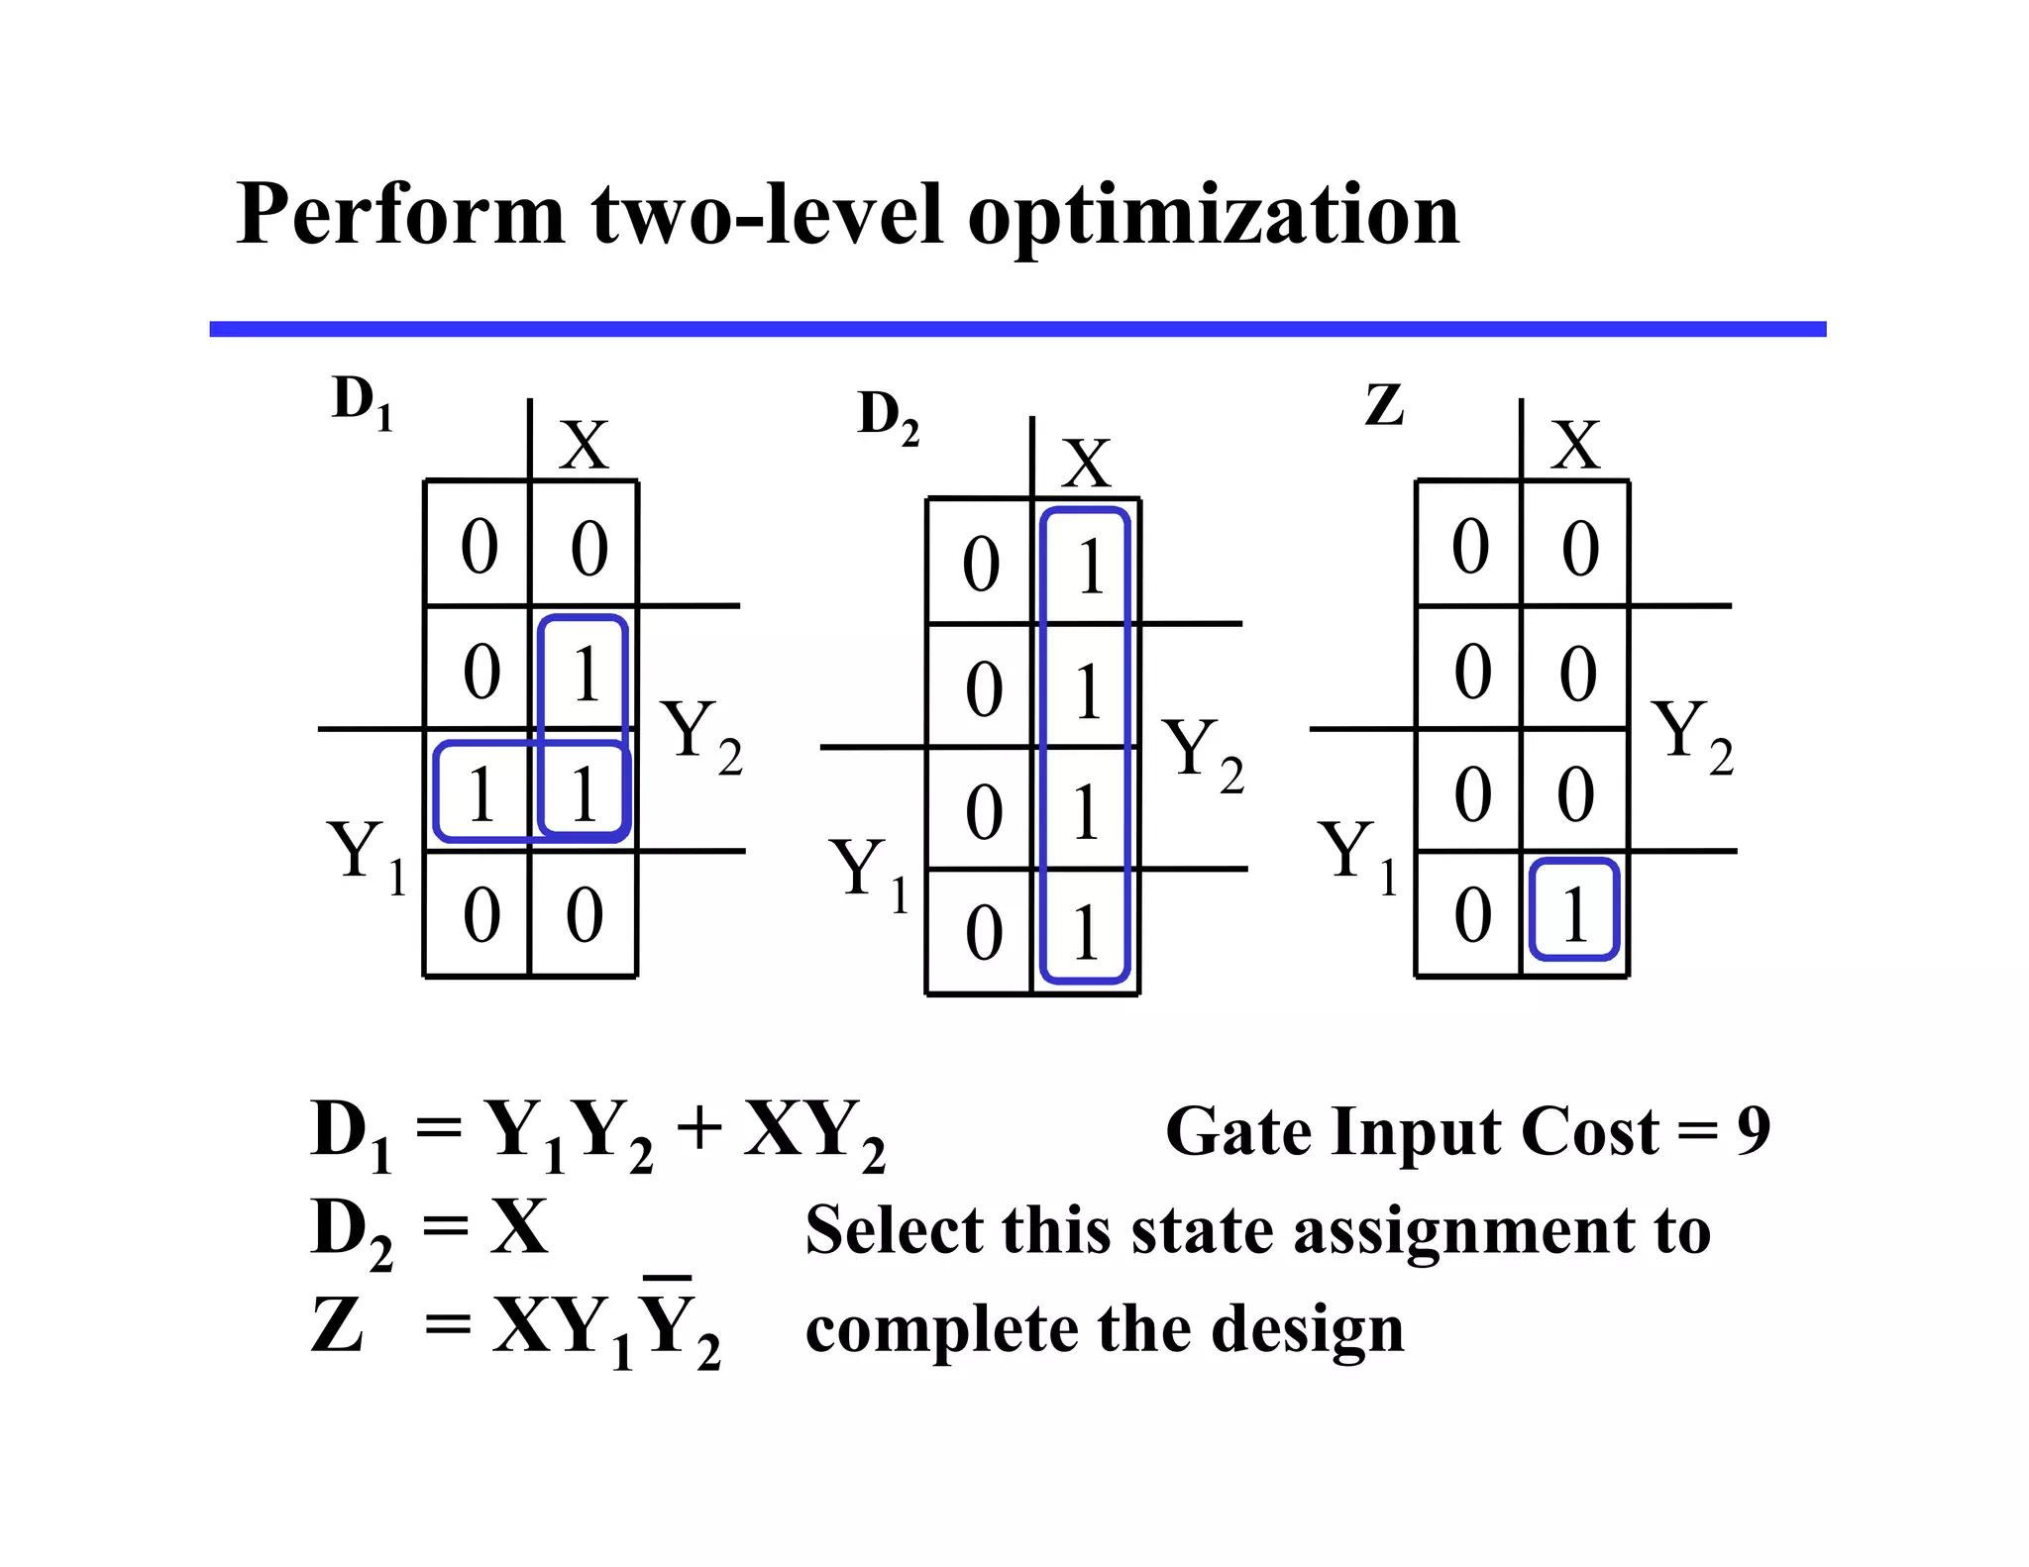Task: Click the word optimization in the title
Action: pyautogui.click(x=1213, y=216)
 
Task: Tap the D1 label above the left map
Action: pyautogui.click(x=363, y=404)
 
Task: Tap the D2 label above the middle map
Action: pyautogui.click(x=888, y=417)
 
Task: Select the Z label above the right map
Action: pyautogui.click(x=1384, y=405)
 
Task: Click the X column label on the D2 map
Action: pyautogui.click(x=1086, y=463)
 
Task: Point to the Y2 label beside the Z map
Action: pyautogui.click(x=1692, y=734)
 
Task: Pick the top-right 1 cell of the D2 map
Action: pyautogui.click(x=1089, y=566)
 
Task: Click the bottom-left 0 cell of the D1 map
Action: pyautogui.click(x=481, y=914)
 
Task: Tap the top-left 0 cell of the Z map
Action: pyautogui.click(x=1470, y=547)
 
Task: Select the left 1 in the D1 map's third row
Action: pyautogui.click(x=481, y=793)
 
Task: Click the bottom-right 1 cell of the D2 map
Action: pyautogui.click(x=1086, y=932)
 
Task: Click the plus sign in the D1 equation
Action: pyautogui.click(x=699, y=1128)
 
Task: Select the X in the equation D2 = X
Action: pyautogui.click(x=518, y=1227)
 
